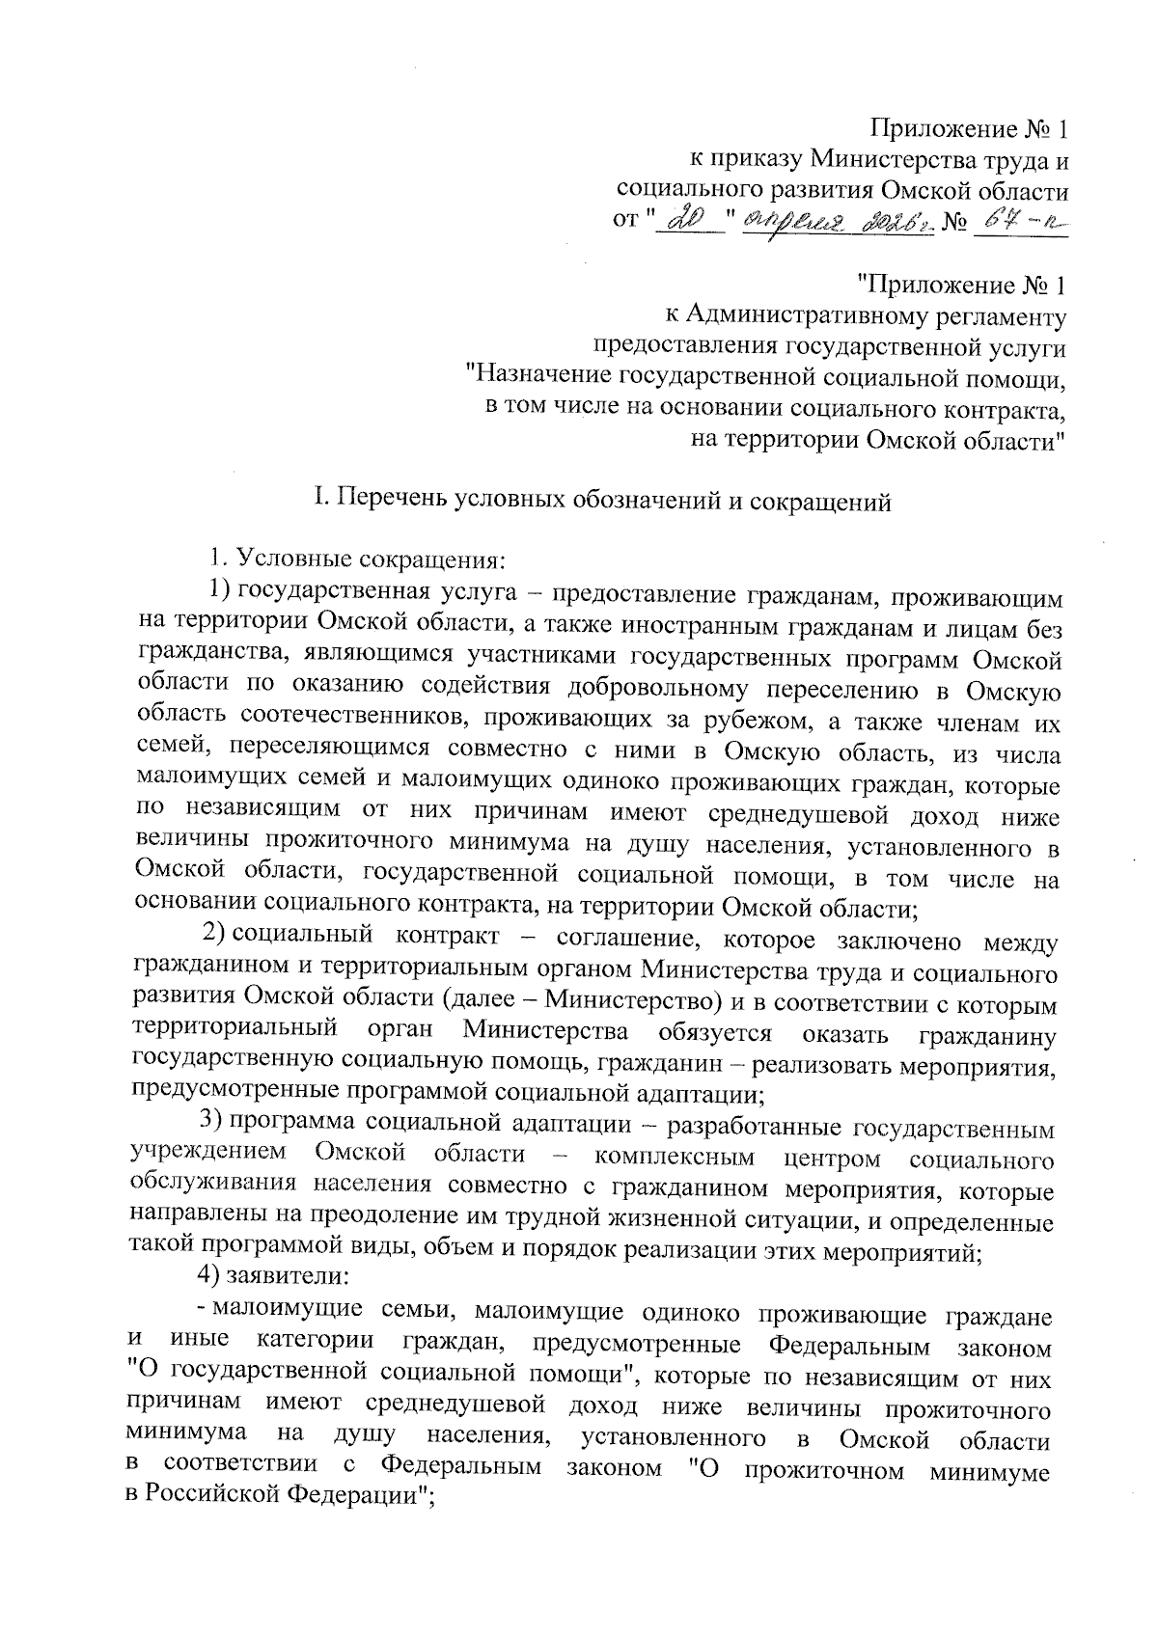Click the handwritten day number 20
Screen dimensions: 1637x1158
point(689,221)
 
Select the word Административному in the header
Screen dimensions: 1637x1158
point(813,314)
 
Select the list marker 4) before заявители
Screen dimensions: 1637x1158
point(208,1276)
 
